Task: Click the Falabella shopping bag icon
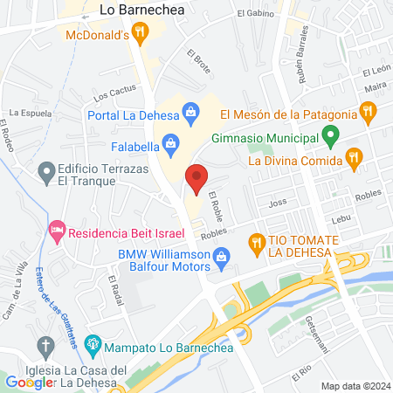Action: (171, 141)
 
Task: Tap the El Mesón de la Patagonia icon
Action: (368, 112)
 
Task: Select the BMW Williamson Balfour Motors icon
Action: (221, 256)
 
